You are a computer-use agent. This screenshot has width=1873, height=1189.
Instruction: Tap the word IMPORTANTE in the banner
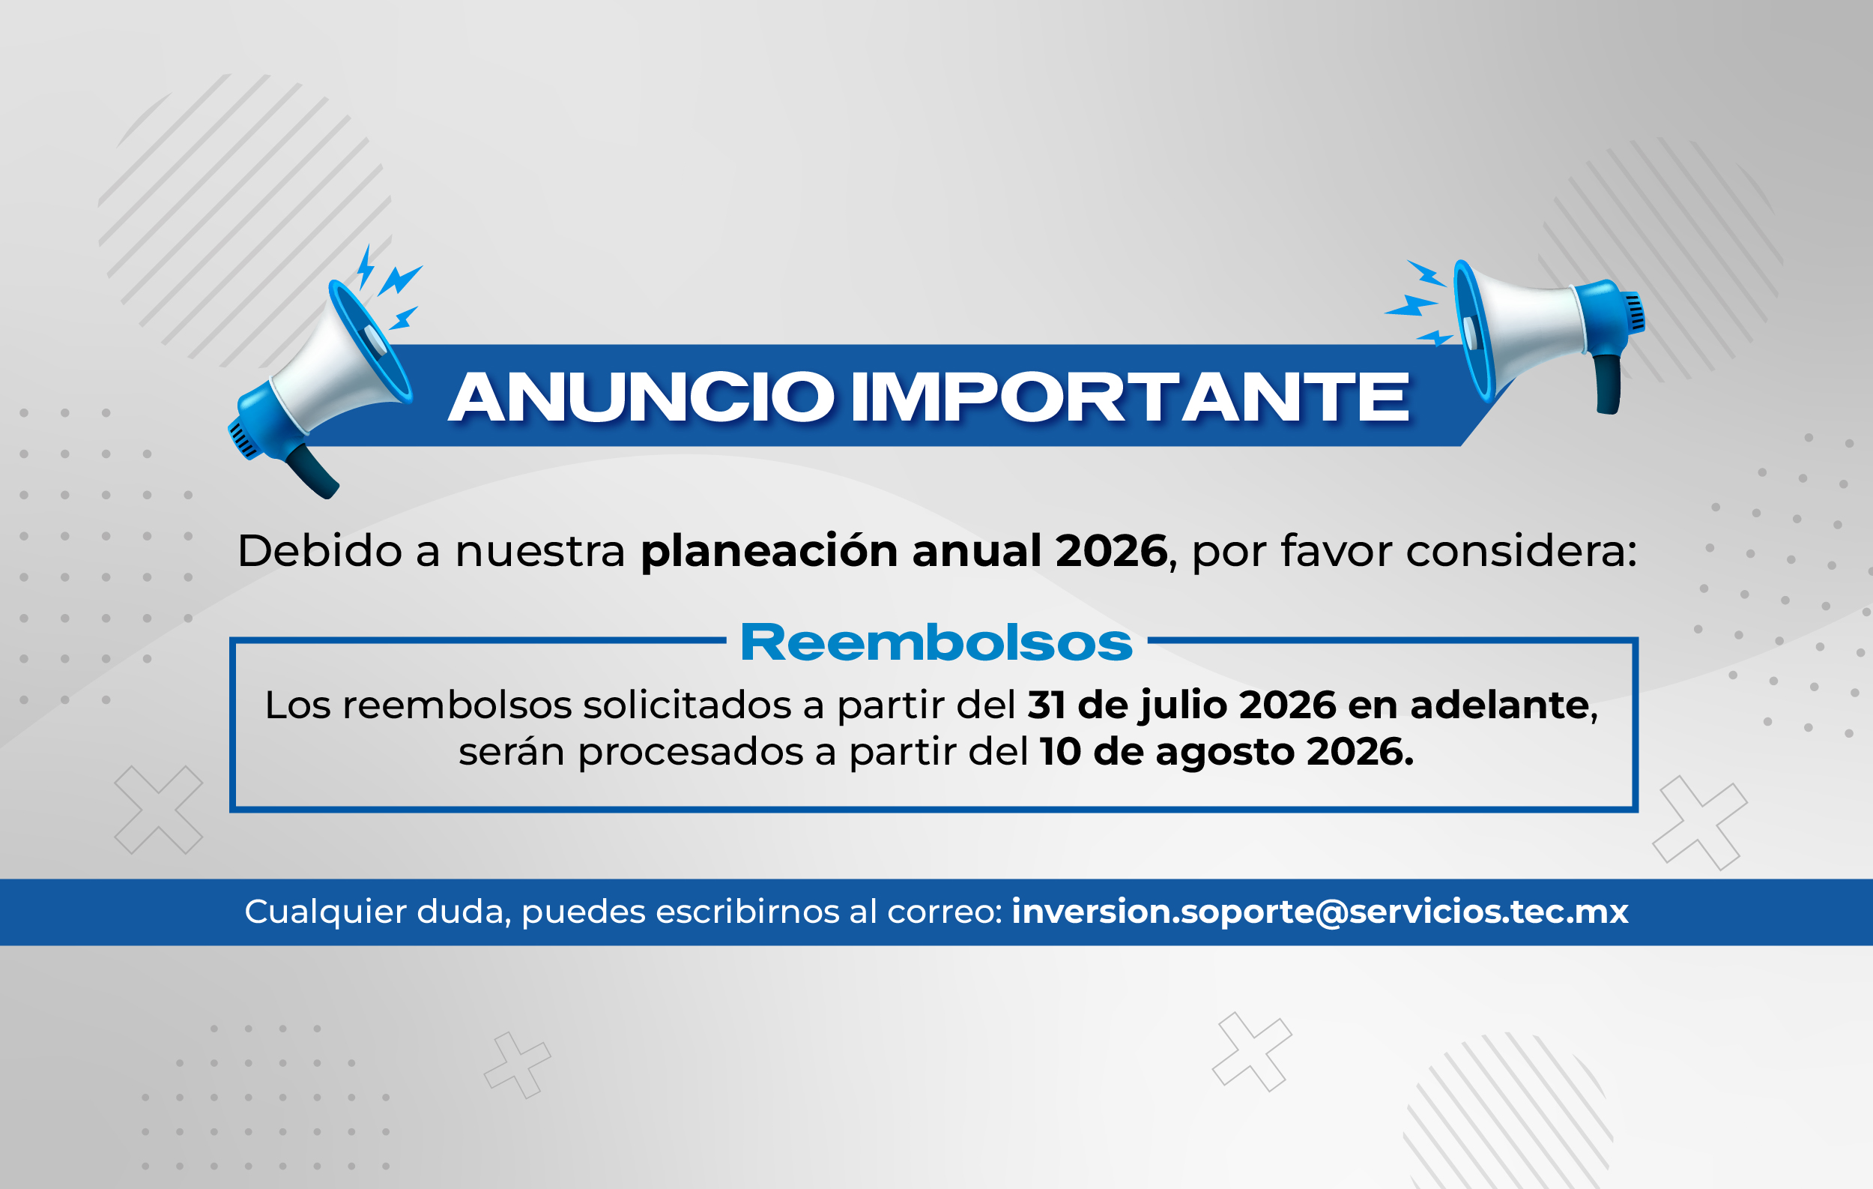(x=1131, y=397)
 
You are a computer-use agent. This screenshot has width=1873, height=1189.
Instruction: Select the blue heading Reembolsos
(x=936, y=642)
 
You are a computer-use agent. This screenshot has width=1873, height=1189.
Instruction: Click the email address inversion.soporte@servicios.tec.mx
(x=1320, y=911)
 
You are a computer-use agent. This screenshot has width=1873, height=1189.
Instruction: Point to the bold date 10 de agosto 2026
(x=1226, y=752)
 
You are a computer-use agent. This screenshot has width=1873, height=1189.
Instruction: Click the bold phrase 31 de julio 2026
(x=1181, y=705)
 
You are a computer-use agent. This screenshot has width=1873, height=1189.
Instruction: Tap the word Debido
(x=320, y=551)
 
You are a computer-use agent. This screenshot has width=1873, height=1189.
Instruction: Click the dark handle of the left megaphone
(x=312, y=472)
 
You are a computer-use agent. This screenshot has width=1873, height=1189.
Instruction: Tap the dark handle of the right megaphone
(x=1609, y=385)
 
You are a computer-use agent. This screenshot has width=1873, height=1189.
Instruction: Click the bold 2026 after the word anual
(x=1112, y=551)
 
